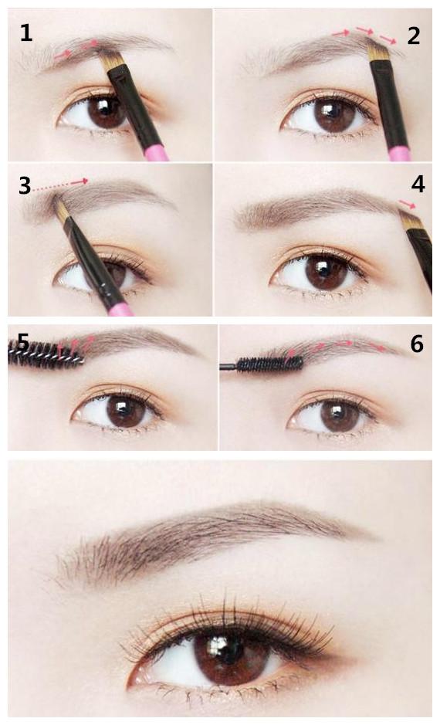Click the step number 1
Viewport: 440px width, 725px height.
pos(26,33)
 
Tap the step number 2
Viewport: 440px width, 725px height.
pos(414,36)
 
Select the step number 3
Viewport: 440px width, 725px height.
pos(25,185)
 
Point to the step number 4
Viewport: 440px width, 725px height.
pos(418,184)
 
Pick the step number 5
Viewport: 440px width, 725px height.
pos(24,343)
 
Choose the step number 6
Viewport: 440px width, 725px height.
pos(416,344)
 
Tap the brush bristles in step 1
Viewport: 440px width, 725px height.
pos(111,59)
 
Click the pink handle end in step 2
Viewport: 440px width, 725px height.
pos(400,153)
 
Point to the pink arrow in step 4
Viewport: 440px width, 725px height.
pos(407,204)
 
